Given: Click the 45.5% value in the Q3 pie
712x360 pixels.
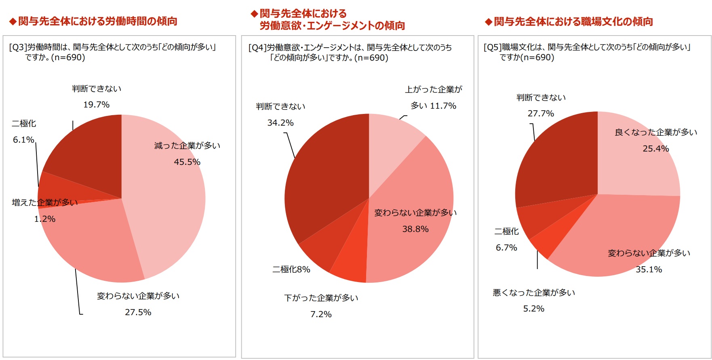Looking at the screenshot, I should [x=187, y=162].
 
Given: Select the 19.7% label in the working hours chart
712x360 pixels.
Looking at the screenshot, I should [x=96, y=105].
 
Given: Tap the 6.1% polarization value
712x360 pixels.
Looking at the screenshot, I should [x=23, y=140].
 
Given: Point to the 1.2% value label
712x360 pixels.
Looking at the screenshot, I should [x=45, y=219].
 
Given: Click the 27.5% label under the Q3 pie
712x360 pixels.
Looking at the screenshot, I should [x=138, y=312].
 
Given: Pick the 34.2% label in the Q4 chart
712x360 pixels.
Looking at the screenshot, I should [x=280, y=123].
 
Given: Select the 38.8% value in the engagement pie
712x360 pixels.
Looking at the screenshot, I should [x=415, y=229].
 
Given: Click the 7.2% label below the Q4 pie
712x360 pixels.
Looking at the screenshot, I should [x=321, y=314].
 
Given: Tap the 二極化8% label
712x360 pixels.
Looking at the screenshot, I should [x=291, y=269].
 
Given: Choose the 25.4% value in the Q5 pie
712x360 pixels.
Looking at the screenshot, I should [x=656, y=149].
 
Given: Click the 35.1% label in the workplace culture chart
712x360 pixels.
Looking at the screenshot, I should [x=649, y=269].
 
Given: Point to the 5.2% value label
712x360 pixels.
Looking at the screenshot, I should [x=533, y=309].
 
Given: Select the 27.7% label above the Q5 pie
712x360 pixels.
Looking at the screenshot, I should [x=541, y=114].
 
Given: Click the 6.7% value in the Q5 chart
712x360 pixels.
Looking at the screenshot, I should [x=506, y=248].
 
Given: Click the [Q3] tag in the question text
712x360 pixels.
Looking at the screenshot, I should [x=18, y=47].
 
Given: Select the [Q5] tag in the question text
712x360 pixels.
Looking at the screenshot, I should [x=492, y=47].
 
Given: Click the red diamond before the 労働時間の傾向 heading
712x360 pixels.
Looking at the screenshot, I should [x=13, y=21].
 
